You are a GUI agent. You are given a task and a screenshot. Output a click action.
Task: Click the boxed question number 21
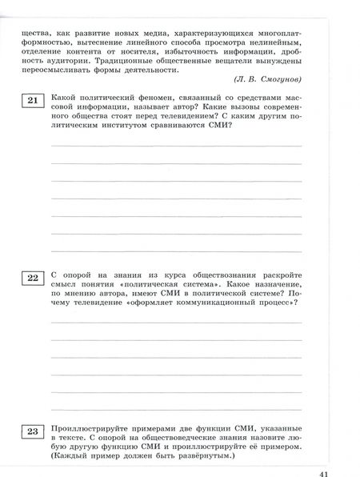pos(33,100)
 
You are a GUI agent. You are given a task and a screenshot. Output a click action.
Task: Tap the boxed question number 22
pos(33,279)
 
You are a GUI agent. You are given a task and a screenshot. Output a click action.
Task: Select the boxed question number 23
pos(33,433)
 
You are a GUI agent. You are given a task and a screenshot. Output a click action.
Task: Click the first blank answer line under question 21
pos(177,146)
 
